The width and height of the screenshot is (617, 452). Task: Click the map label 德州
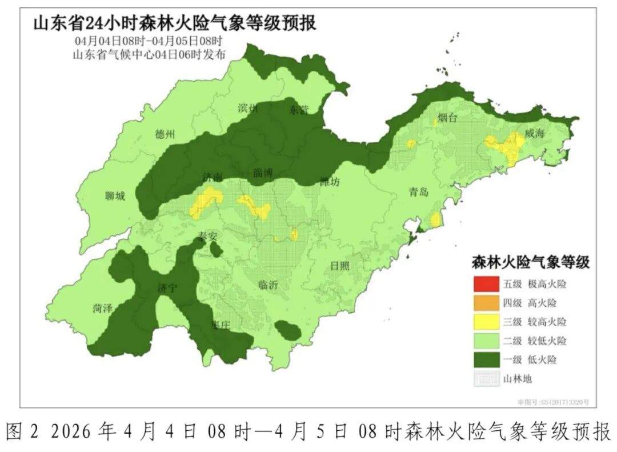[x=165, y=134]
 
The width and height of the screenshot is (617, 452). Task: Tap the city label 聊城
[x=115, y=197]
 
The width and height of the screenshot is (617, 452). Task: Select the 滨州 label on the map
[x=248, y=108]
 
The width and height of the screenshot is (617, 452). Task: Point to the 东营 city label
[x=298, y=109]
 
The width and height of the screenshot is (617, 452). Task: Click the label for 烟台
[x=447, y=118]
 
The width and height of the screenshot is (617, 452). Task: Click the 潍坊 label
[x=330, y=182]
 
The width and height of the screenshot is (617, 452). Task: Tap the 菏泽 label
[x=102, y=308]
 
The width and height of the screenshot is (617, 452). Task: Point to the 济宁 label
[x=167, y=289]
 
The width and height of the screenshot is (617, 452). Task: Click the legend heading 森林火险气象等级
[x=530, y=262]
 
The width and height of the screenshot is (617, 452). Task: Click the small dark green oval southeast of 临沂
[x=288, y=330]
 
